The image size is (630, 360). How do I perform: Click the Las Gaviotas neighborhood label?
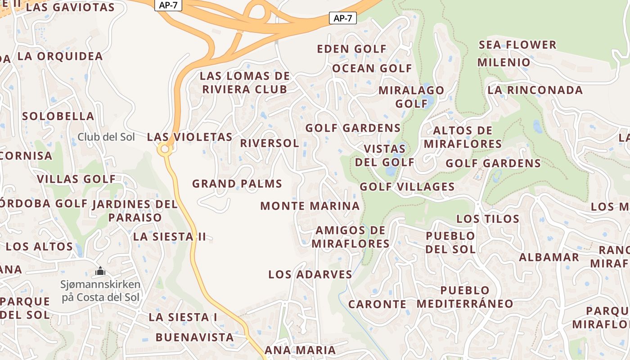coord(70,8)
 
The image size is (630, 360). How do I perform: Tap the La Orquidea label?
coord(60,57)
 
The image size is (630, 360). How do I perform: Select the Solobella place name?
coord(58,116)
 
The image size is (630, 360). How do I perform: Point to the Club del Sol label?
coord(106,137)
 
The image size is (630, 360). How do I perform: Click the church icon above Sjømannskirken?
coord(100,271)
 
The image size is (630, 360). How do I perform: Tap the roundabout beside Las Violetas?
coord(165,149)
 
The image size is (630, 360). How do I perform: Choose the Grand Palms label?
coord(237,184)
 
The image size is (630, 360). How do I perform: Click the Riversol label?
coord(269,143)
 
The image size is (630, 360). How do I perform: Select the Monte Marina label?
coord(310,206)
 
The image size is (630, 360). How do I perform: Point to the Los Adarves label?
coord(310,274)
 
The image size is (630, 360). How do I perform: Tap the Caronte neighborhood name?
coord(377,304)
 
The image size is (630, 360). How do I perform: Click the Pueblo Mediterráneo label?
coord(465,297)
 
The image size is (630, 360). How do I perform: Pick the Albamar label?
coord(549,257)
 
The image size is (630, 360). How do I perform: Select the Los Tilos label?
coord(488,219)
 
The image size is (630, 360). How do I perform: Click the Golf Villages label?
coord(407,186)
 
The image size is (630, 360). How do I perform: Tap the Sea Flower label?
coord(517,45)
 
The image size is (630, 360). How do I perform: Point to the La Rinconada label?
coord(535,90)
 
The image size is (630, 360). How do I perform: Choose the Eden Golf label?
coord(352,49)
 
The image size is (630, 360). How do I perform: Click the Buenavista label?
coord(195,337)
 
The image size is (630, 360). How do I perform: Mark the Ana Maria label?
coord(300,350)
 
